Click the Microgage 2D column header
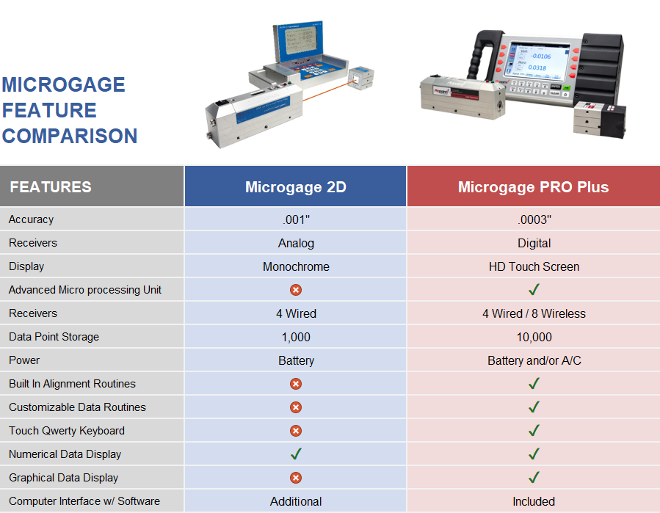(x=295, y=187)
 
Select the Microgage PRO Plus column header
(x=533, y=187)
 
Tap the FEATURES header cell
(x=51, y=187)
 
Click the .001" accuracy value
(x=296, y=219)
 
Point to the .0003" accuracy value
(x=534, y=219)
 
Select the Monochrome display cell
(x=296, y=266)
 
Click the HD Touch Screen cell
(x=534, y=266)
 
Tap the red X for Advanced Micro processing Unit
(x=296, y=290)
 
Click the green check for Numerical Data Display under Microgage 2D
(x=296, y=454)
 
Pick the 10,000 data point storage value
(x=534, y=337)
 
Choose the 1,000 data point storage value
(x=296, y=337)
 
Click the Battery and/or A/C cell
(x=534, y=360)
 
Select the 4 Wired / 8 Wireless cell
(x=534, y=313)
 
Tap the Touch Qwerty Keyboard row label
(x=67, y=431)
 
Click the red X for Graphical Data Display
(x=296, y=478)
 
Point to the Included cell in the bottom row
(x=534, y=501)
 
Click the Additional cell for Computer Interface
(x=296, y=501)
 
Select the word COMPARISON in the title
(x=70, y=136)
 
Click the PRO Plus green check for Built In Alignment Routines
(x=534, y=384)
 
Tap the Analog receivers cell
(x=296, y=243)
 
